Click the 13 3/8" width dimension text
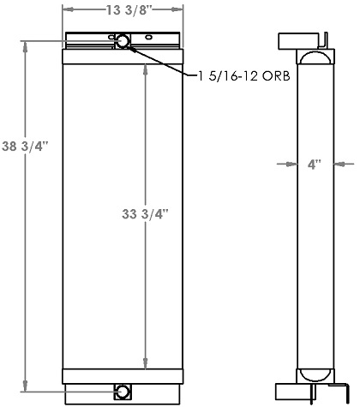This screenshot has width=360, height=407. tap(123, 11)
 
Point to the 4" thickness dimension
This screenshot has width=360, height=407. tap(314, 164)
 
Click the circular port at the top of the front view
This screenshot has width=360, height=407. tap(123, 41)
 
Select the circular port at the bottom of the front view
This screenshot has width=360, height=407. tap(123, 392)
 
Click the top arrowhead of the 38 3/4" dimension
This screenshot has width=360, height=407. tap(26, 42)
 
